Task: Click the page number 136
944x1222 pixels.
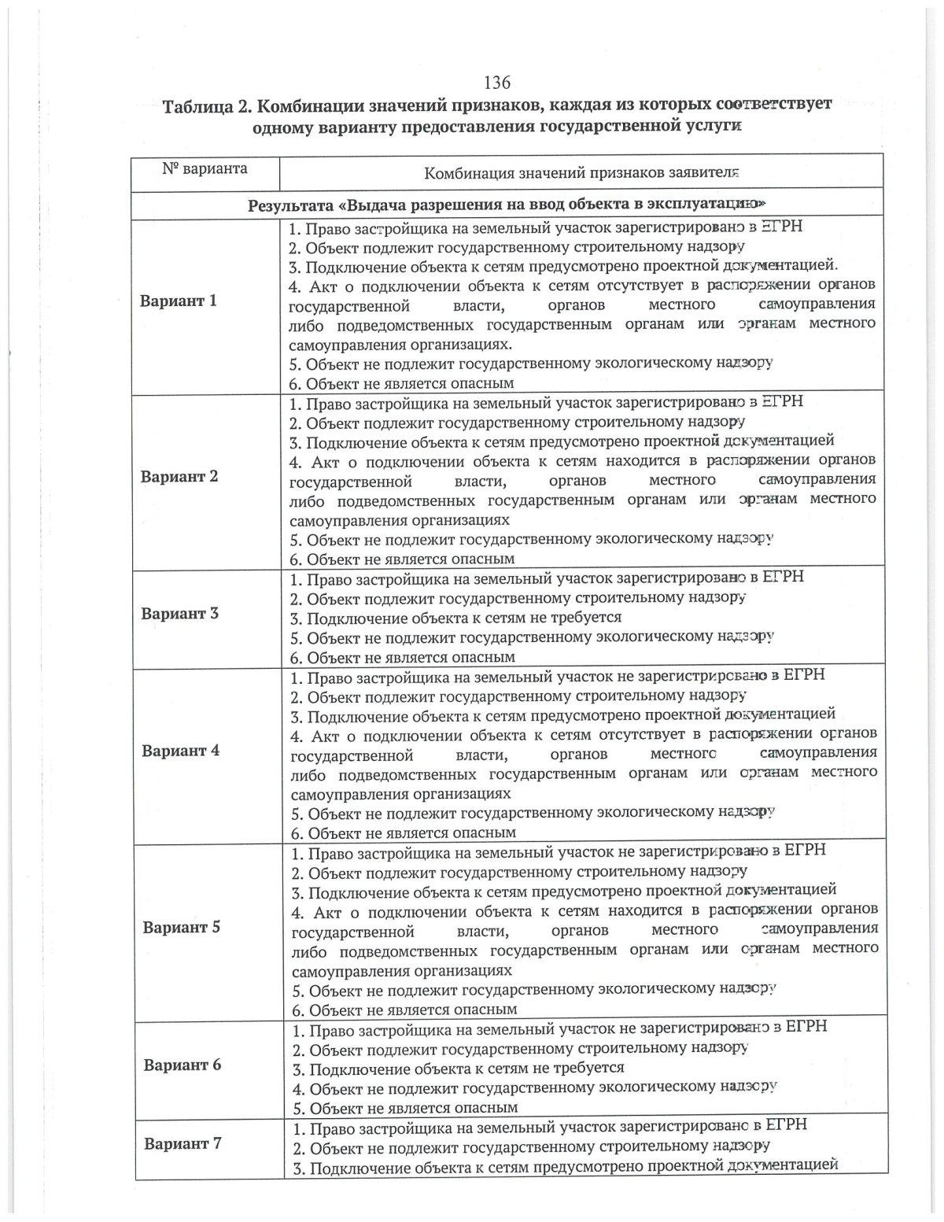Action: [496, 83]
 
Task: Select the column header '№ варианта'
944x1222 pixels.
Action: [205, 169]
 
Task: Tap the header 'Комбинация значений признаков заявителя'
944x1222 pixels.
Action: [581, 173]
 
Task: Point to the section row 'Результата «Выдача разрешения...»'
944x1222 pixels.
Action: [507, 206]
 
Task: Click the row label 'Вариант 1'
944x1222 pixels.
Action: [178, 301]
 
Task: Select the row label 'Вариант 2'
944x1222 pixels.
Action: [179, 476]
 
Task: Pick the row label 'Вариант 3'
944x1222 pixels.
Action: [179, 614]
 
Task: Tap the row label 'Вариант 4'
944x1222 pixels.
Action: [180, 751]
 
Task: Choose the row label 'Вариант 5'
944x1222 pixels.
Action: [181, 927]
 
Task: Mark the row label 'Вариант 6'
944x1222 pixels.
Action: [182, 1065]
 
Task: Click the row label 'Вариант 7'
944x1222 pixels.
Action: [183, 1143]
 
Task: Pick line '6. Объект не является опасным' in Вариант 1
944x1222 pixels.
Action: [401, 383]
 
